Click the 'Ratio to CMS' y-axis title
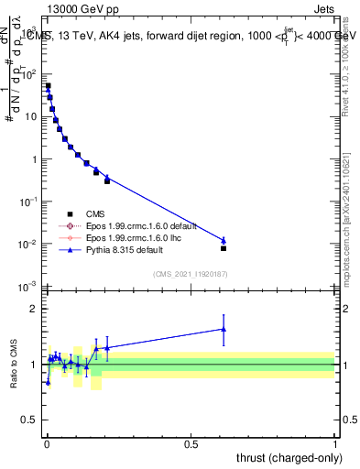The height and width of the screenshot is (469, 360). (14, 364)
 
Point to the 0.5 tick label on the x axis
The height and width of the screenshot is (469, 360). (191, 444)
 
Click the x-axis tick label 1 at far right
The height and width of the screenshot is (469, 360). (335, 444)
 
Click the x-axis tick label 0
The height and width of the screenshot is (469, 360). (47, 444)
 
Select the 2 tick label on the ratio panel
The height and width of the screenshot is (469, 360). (34, 309)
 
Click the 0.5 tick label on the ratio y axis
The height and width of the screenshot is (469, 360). (29, 420)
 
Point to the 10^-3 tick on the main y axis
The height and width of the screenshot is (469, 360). (28, 287)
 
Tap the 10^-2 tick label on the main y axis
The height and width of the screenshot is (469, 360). (28, 245)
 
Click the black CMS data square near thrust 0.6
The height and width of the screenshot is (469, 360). (224, 248)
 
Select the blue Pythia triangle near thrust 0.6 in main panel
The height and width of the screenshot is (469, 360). (224, 240)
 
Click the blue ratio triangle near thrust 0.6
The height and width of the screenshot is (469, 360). (224, 329)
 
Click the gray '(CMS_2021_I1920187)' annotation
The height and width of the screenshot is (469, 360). (190, 274)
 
